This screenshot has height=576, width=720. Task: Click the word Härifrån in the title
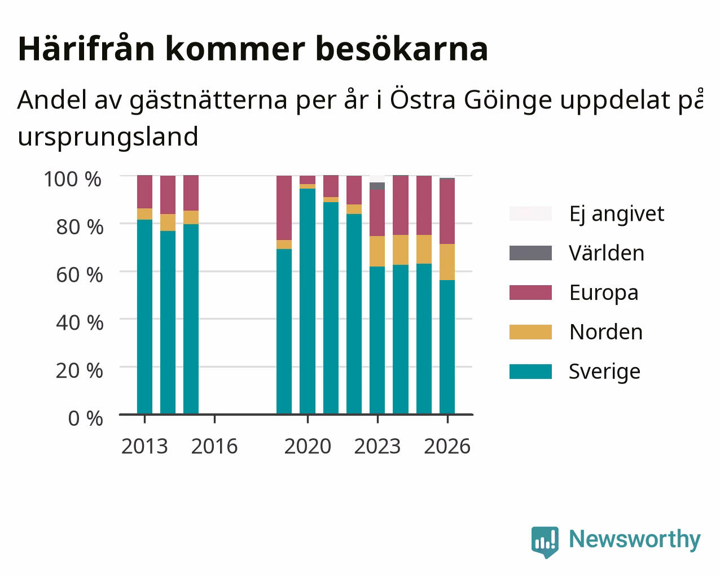86,49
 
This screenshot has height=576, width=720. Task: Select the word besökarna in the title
402,49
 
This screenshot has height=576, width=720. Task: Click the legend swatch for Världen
530,253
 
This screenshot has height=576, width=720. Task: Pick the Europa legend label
604,293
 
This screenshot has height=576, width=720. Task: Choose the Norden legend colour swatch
530,332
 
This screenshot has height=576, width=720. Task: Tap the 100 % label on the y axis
73,180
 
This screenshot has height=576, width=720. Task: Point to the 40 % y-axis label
80,323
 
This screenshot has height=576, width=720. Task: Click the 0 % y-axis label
85,418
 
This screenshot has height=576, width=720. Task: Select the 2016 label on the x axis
214,446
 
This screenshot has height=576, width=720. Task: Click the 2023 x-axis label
377,446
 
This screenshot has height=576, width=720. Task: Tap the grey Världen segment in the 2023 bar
377,186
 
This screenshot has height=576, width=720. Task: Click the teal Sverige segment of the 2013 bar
144,317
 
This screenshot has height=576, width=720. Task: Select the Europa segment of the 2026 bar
447,212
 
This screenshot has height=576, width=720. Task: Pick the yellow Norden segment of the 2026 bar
447,262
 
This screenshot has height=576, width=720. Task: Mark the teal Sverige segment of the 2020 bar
308,302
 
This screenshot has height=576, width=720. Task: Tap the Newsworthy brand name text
635,540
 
